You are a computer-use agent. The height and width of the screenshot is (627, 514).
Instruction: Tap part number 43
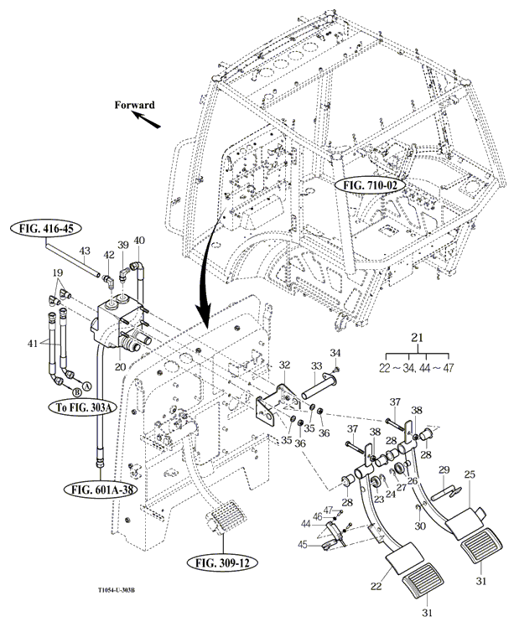[84, 251]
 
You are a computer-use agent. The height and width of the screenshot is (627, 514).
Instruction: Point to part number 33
[317, 365]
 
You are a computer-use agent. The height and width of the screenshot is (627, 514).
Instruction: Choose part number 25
[470, 475]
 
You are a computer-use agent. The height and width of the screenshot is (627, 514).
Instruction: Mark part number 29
[444, 470]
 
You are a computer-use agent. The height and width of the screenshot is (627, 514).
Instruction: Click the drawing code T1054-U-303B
[127, 600]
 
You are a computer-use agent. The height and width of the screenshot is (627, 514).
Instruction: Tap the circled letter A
[86, 377]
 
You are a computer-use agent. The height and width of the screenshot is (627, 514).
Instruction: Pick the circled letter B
[75, 391]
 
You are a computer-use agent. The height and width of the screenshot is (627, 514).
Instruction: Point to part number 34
[336, 352]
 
